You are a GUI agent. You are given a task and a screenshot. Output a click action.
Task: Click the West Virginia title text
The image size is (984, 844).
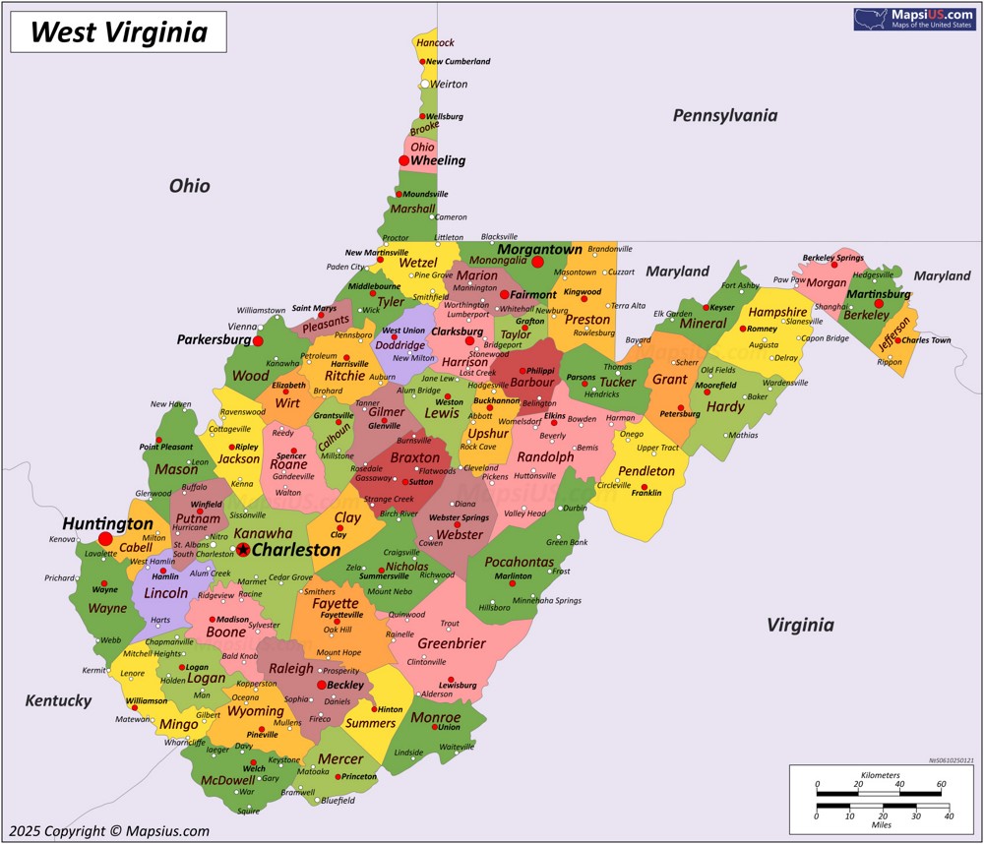tap(118, 32)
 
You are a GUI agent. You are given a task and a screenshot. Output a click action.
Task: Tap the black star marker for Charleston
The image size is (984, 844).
tap(243, 550)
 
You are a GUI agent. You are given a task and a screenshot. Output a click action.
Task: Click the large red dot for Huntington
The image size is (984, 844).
tap(105, 539)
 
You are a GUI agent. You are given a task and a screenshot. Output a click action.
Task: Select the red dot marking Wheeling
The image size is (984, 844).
tap(403, 160)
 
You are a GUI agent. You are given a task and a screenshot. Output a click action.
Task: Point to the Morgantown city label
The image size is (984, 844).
tap(539, 249)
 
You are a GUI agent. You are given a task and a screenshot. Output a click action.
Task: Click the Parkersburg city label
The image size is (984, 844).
tap(214, 339)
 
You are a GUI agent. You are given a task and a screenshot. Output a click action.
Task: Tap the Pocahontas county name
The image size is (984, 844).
tap(520, 562)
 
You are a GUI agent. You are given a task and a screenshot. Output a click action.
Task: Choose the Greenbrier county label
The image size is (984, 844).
tap(452, 643)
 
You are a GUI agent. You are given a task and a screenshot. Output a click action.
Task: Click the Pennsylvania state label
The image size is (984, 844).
tap(724, 116)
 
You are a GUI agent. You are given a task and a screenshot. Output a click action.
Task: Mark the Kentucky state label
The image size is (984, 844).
tap(59, 700)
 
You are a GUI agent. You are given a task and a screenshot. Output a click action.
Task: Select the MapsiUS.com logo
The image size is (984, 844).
tap(914, 19)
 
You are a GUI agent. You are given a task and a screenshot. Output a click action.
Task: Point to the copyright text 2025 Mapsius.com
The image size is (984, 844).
tap(107, 830)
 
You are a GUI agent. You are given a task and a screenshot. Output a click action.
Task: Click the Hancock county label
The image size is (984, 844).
tap(435, 42)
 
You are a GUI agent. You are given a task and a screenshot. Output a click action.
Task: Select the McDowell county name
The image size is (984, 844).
tap(227, 782)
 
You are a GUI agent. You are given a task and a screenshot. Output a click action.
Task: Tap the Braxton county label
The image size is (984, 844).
tap(414, 457)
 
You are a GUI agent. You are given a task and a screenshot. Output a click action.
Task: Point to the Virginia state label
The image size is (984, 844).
tap(800, 625)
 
